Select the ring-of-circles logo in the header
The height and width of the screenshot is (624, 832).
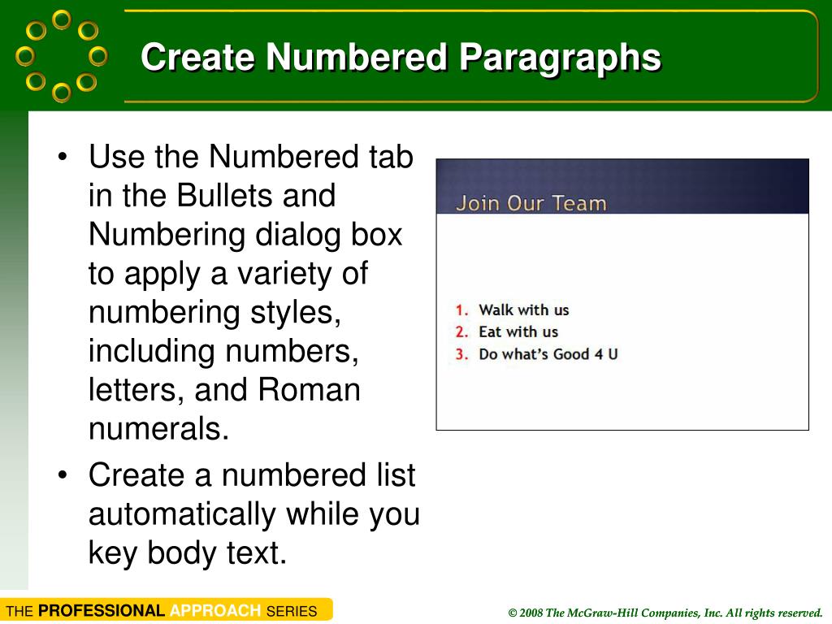[x=62, y=55]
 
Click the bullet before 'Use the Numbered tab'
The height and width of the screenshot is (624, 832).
[x=64, y=157]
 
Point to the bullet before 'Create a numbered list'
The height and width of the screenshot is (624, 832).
[x=64, y=476]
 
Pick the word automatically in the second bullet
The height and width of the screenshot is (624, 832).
[x=182, y=514]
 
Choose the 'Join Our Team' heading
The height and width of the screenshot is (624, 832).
[x=531, y=203]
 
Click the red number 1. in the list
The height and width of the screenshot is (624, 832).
[x=462, y=310]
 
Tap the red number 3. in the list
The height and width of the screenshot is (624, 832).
[x=462, y=354]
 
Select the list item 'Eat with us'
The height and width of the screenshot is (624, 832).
[x=518, y=331]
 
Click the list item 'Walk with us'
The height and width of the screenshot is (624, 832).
[x=524, y=310]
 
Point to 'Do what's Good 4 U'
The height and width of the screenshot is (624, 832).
[x=548, y=354]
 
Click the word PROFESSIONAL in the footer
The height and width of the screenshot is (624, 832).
[x=102, y=611]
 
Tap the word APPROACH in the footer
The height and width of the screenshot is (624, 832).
[x=215, y=611]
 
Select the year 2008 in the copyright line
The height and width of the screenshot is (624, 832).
[x=531, y=613]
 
